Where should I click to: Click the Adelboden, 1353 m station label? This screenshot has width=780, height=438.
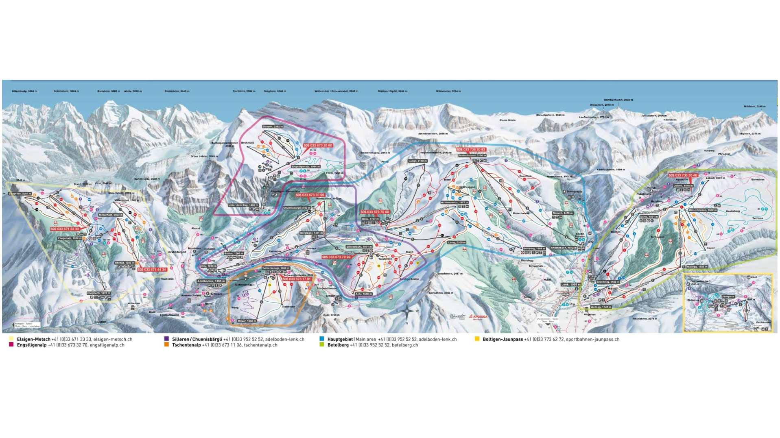pos(211,281)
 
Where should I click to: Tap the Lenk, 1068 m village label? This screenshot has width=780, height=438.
pos(570,284)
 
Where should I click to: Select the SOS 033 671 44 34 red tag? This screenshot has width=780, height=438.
pos(152,270)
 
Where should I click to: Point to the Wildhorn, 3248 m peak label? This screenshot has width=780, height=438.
pos(754,107)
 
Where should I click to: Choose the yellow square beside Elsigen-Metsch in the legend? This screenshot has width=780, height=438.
pos(11,339)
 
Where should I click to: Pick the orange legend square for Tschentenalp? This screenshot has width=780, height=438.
pos(166,345)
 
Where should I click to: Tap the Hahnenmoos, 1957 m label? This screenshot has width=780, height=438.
pos(454,202)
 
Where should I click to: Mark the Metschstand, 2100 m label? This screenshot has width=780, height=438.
pos(472,155)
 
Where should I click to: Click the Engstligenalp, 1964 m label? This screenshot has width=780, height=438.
pos(306,166)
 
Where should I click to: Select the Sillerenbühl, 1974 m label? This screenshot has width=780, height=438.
pos(359,246)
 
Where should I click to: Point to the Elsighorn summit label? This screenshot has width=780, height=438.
pos(20,194)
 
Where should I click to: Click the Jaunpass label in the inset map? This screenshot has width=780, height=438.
pos(728,296)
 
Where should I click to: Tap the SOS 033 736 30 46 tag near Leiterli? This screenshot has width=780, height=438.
pos(683,175)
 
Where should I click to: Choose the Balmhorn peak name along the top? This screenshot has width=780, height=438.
pos(108,91)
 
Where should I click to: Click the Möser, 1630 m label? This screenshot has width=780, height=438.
pos(247,321)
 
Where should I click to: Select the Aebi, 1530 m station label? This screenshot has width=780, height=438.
pos(363,294)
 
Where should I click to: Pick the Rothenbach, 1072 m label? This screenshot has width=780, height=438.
pos(564,248)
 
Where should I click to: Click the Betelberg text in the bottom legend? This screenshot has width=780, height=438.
pos(338,345)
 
